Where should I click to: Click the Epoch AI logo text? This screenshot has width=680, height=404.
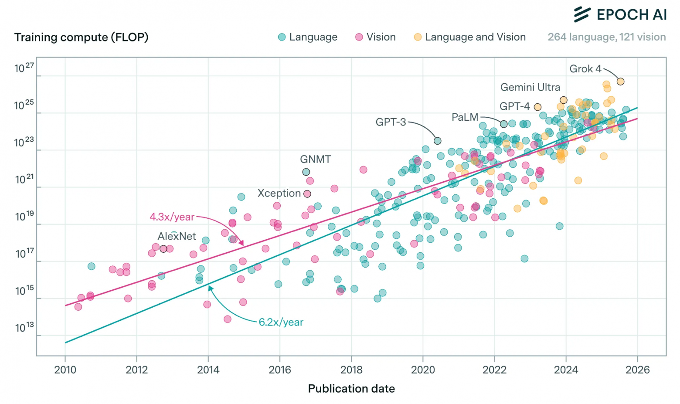pyautogui.click(x=631, y=14)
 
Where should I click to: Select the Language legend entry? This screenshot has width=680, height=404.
pyautogui.click(x=308, y=37)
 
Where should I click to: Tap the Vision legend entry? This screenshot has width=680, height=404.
pyautogui.click(x=376, y=37)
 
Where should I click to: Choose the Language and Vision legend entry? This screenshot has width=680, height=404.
pyautogui.click(x=470, y=37)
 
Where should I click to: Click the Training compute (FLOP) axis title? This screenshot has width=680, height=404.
pyautogui.click(x=81, y=37)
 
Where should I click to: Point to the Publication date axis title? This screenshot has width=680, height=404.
pyautogui.click(x=351, y=388)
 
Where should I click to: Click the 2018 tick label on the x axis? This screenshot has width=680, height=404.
pyautogui.click(x=351, y=370)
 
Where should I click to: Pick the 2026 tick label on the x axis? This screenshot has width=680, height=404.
pyautogui.click(x=637, y=370)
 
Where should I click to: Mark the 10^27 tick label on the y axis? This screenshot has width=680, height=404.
pyautogui.click(x=24, y=68)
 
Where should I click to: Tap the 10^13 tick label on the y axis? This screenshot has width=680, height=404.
pyautogui.click(x=24, y=328)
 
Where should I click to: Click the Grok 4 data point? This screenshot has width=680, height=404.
pyautogui.click(x=620, y=81)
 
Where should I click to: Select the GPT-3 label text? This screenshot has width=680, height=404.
pyautogui.click(x=391, y=122)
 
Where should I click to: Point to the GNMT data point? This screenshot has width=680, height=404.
pyautogui.click(x=306, y=172)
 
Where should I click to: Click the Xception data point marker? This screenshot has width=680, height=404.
pyautogui.click(x=307, y=194)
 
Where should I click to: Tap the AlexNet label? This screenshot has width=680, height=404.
pyautogui.click(x=177, y=236)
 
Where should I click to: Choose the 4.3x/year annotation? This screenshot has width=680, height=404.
pyautogui.click(x=172, y=217)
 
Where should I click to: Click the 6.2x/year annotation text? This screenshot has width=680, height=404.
pyautogui.click(x=281, y=322)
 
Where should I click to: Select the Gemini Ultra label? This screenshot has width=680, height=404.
pyautogui.click(x=530, y=87)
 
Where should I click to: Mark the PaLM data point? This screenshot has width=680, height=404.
pyautogui.click(x=503, y=124)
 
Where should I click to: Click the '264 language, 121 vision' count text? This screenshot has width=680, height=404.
pyautogui.click(x=606, y=37)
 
